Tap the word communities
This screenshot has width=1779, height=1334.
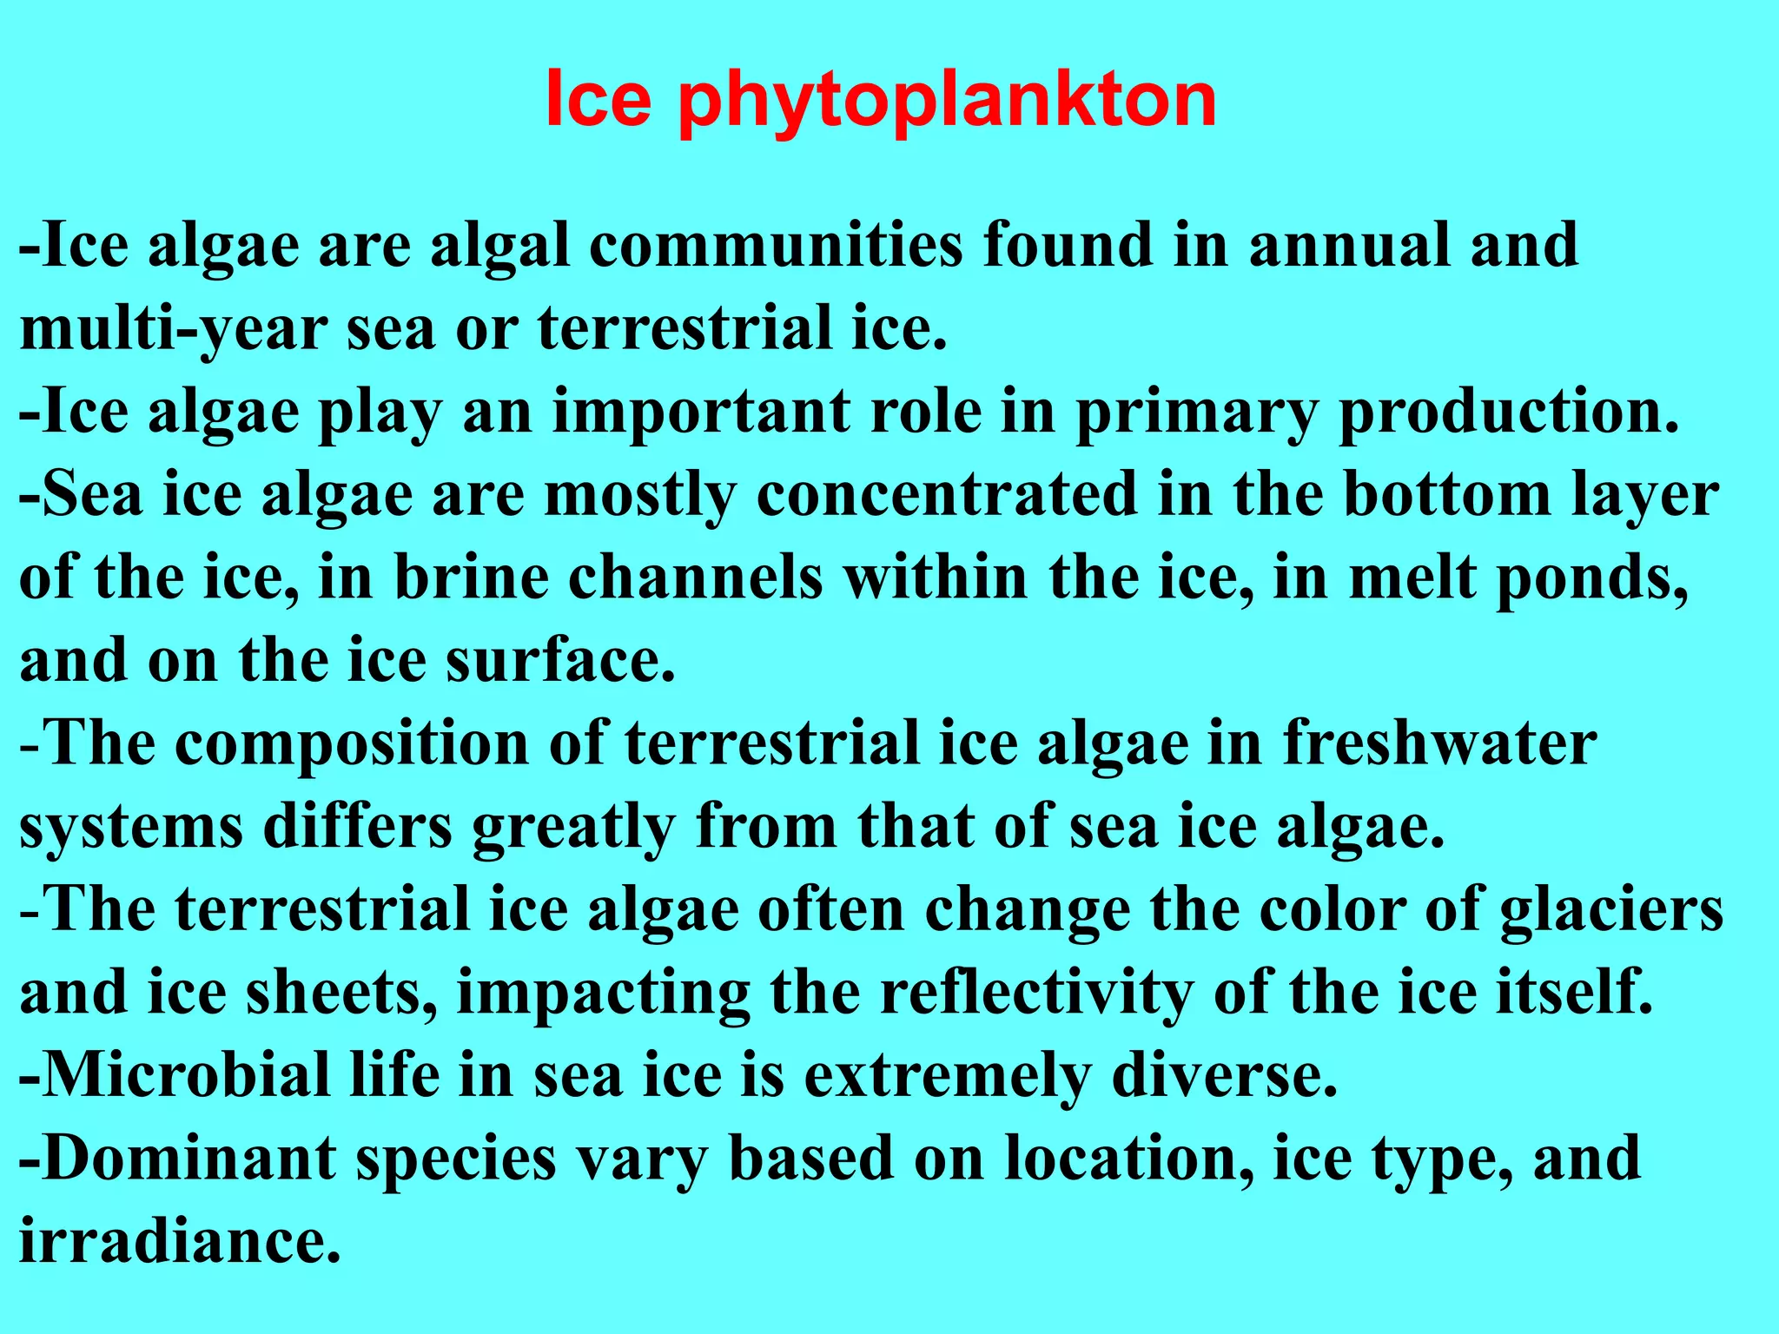(x=776, y=246)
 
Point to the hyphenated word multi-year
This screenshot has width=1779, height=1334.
(x=173, y=330)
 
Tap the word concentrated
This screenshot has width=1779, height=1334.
(x=947, y=495)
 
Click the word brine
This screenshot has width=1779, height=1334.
(x=472, y=578)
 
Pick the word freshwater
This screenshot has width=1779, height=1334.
(x=1439, y=743)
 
